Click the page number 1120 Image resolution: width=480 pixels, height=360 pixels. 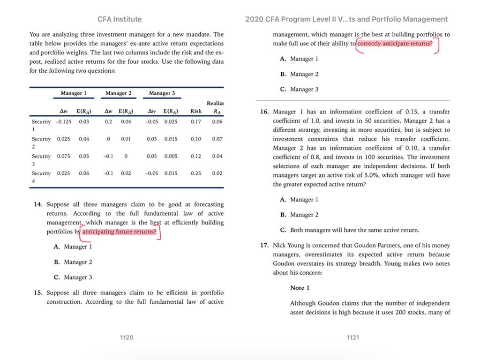pos(127,337)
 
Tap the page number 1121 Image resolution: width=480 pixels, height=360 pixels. pos(353,337)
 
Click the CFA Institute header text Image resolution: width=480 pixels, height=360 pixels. pos(120,19)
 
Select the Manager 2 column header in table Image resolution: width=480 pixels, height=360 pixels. pos(119,93)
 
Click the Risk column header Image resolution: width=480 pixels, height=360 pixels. pos(196,111)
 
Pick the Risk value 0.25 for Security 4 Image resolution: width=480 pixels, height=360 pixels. pos(196,173)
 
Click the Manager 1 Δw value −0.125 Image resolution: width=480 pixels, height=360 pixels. pos(63,122)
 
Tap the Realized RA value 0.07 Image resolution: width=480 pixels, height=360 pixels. pos(217,139)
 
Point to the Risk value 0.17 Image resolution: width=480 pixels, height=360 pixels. pos(196,122)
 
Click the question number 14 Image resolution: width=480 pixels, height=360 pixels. pos(38,204)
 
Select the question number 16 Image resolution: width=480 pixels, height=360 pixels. pos(264,112)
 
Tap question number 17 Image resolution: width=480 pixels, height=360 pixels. pos(264,246)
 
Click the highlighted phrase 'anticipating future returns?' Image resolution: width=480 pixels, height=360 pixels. pos(119,232)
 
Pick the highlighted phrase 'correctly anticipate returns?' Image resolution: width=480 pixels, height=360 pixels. pos(395,44)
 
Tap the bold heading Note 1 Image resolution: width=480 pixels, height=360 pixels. pos(300,288)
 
